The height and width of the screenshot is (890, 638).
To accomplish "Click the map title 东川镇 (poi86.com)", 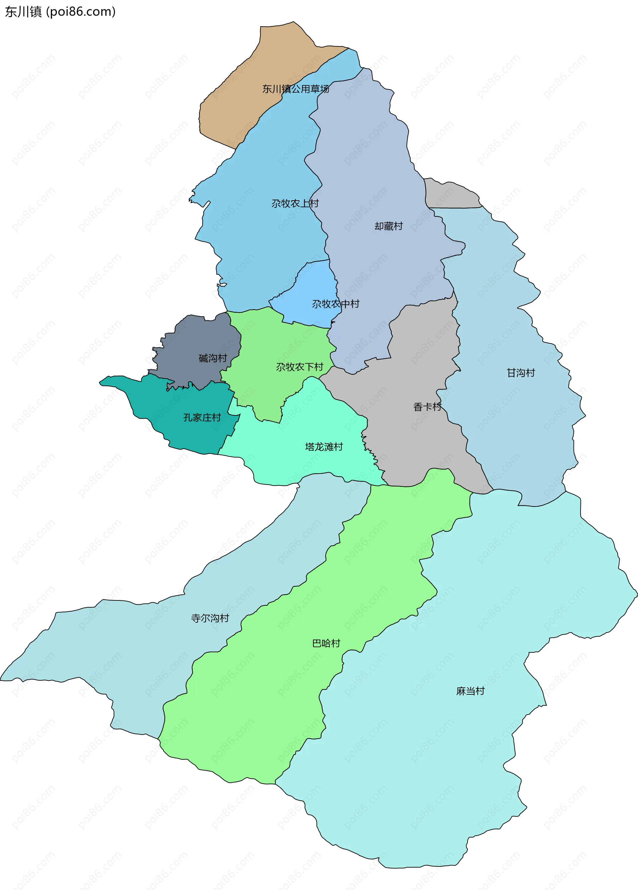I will [60, 12].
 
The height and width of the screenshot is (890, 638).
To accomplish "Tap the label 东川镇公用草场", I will [296, 89].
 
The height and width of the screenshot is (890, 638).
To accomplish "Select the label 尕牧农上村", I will [295, 203].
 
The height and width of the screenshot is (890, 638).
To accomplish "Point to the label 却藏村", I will [388, 226].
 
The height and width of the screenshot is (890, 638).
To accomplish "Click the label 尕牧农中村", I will [335, 304].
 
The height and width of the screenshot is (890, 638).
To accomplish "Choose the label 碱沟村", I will [213, 358].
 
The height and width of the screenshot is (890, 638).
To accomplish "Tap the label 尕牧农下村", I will [299, 367].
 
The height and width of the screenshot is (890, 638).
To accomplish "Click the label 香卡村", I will [427, 407].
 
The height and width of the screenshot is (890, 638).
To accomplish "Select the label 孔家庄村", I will [202, 417].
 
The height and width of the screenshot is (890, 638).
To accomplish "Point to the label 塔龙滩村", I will [324, 447].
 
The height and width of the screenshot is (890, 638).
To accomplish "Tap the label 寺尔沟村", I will [210, 618].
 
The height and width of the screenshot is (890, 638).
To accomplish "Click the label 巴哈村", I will [326, 643].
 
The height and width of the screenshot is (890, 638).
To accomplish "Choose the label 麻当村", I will [470, 691].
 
